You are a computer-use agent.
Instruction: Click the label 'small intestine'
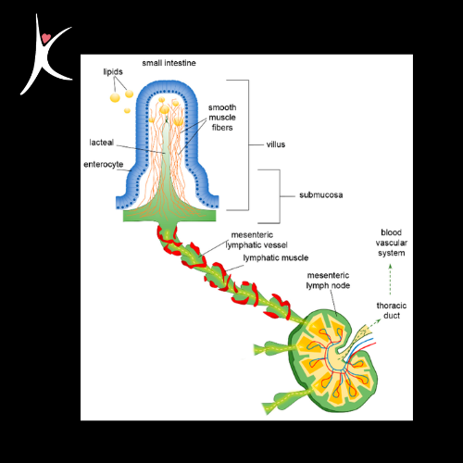tap(169, 63)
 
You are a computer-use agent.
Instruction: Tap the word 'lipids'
tap(113, 72)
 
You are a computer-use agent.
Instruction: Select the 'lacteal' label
tap(102, 143)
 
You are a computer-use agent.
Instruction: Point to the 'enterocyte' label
tap(104, 164)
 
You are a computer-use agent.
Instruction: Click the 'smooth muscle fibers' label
tap(222, 118)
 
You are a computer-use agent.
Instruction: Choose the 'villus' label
tap(276, 144)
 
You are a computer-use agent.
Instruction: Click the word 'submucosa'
tap(321, 195)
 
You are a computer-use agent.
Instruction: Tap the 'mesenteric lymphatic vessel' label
tap(257, 240)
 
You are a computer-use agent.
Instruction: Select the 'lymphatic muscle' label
tap(276, 257)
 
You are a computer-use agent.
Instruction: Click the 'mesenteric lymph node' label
tap(328, 281)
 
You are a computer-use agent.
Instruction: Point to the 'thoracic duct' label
tap(392, 310)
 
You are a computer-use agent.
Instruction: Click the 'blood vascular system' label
tap(392, 243)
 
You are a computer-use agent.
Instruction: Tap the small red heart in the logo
tap(46, 38)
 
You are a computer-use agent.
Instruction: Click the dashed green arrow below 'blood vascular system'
tap(390, 280)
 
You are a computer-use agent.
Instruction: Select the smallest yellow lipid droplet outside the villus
tap(127, 110)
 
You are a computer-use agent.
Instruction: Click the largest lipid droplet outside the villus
tap(115, 97)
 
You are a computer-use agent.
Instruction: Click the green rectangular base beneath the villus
tap(169, 216)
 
